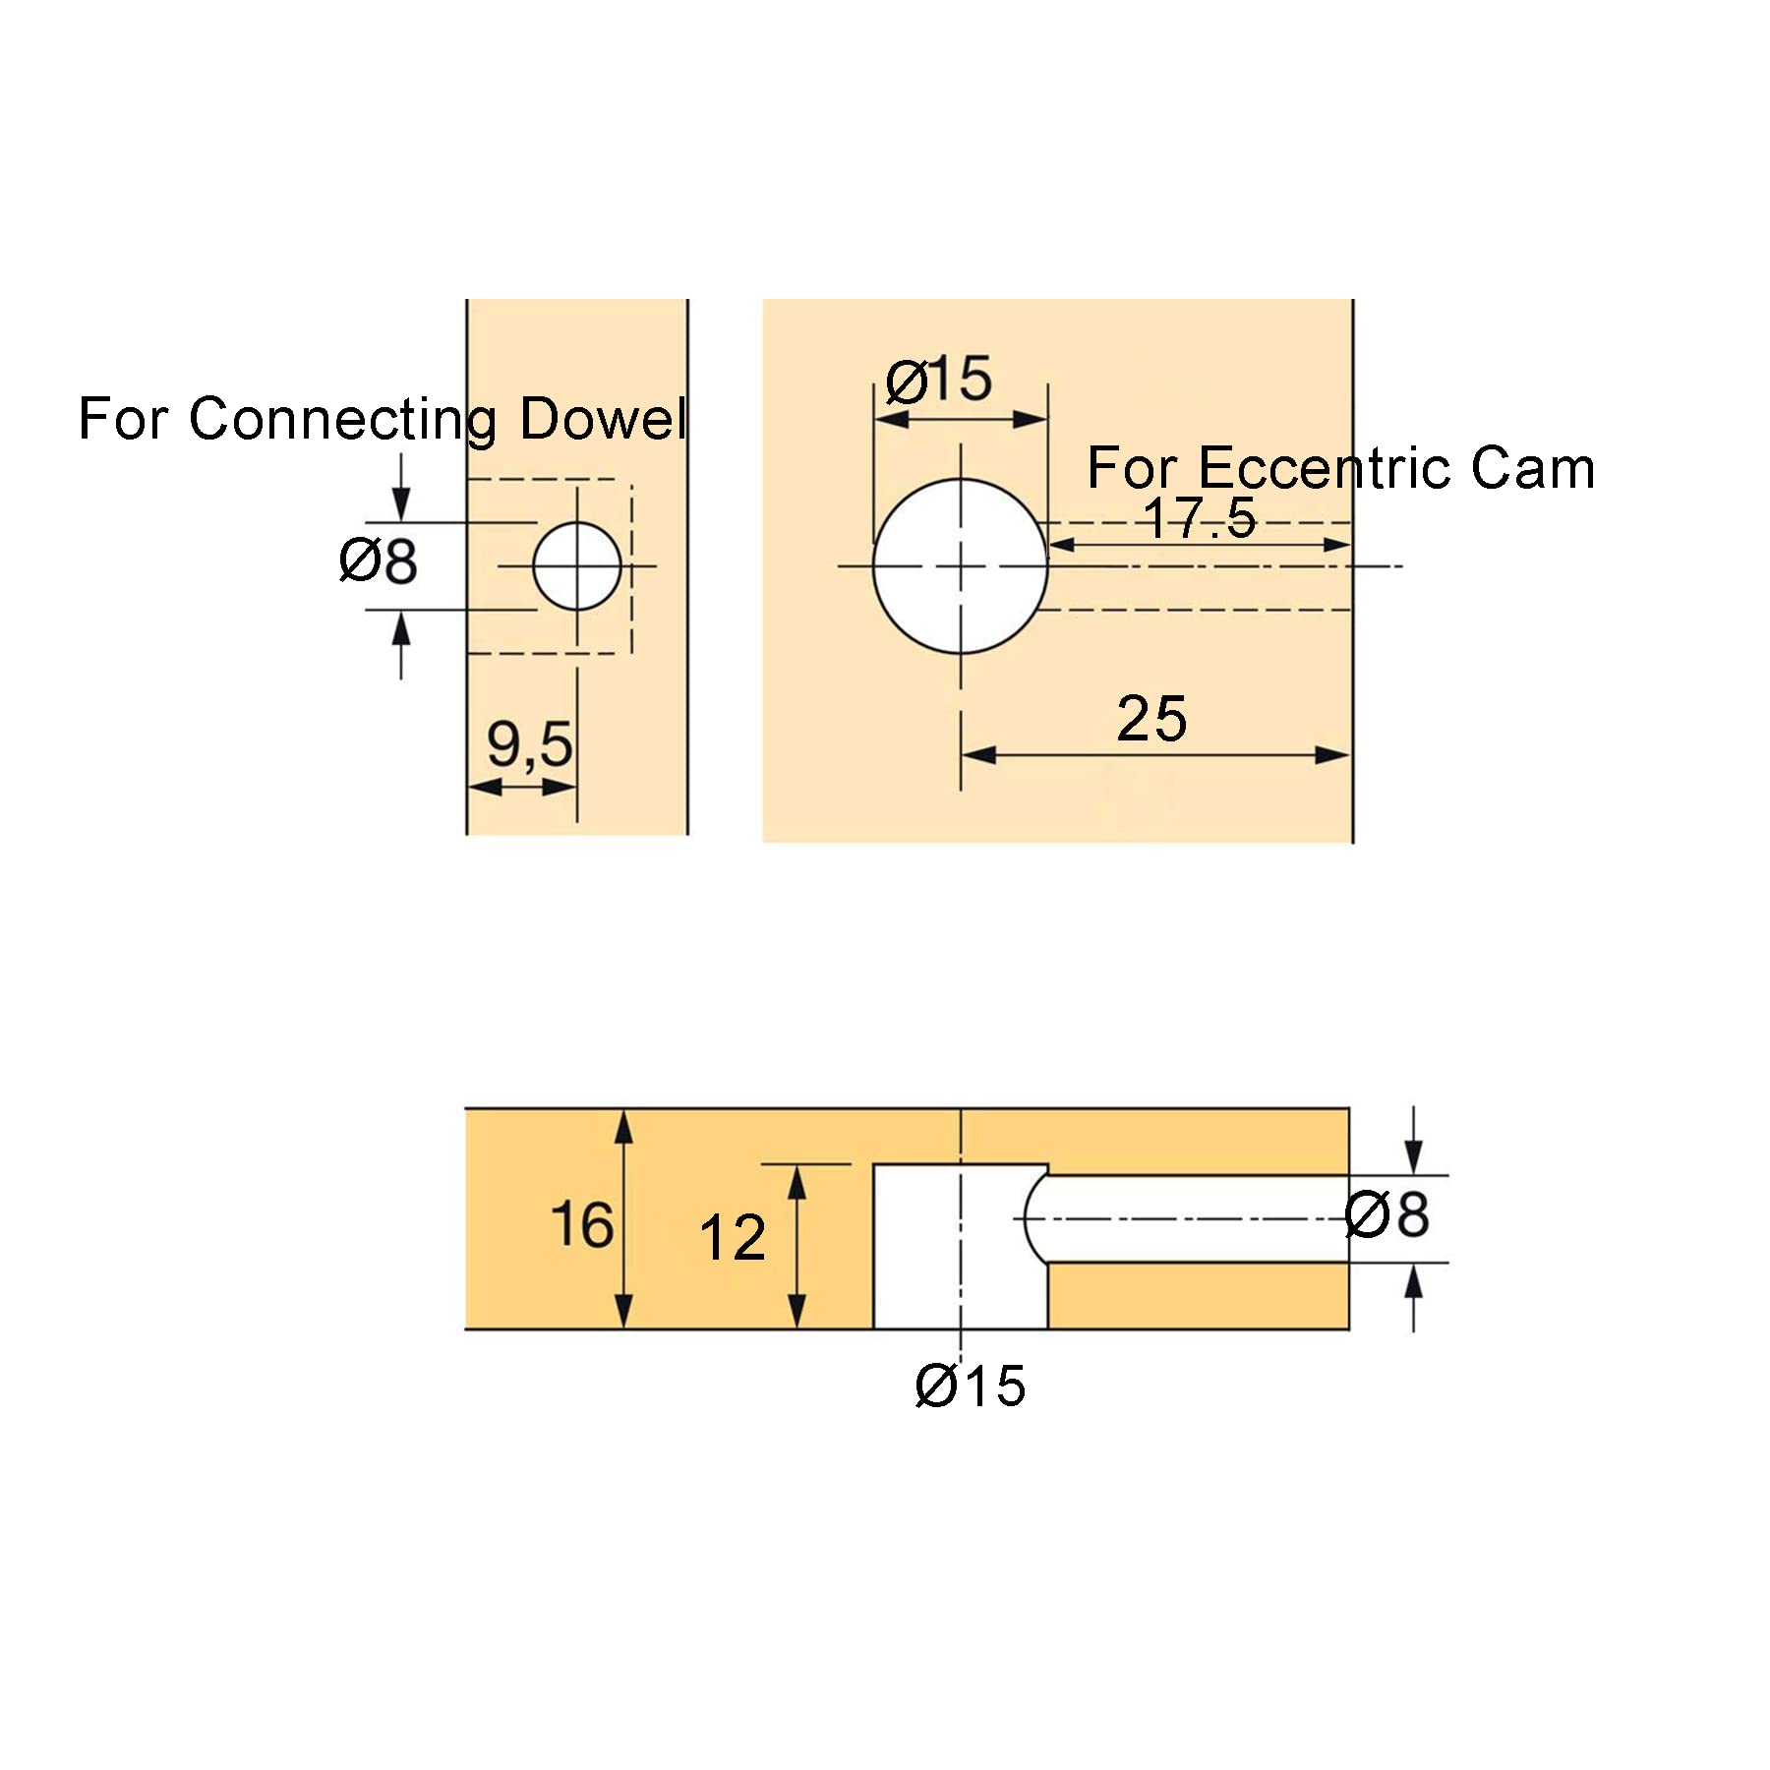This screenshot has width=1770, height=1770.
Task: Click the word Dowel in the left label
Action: (603, 419)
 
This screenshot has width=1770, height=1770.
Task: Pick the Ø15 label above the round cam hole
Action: (939, 380)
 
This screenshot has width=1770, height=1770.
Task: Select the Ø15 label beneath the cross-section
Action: (971, 1386)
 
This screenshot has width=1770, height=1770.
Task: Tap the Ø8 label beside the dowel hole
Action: (379, 561)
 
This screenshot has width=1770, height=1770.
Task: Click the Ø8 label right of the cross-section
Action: (1387, 1215)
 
